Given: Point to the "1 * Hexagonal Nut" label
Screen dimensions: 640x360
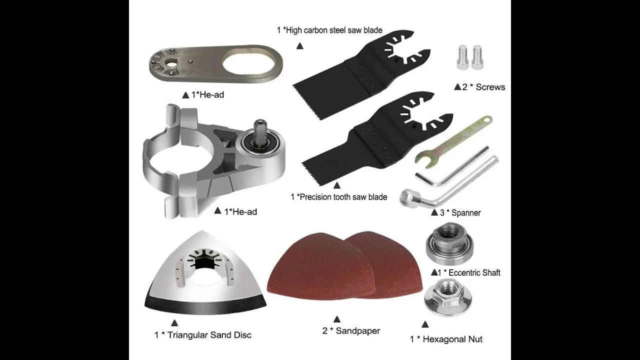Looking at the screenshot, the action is click(x=446, y=339).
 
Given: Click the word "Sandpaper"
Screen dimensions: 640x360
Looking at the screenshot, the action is click(x=357, y=331).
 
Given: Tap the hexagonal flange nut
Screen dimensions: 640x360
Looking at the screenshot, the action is click(x=448, y=298).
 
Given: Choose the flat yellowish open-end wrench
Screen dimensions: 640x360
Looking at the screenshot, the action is click(x=451, y=143).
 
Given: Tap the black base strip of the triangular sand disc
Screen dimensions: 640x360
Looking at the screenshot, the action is click(x=205, y=305).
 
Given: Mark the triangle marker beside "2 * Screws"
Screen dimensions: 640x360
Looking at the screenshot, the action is click(x=457, y=86).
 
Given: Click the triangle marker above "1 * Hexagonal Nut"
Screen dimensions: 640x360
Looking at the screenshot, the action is click(x=425, y=324).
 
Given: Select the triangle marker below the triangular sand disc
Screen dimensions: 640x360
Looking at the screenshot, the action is click(x=174, y=323).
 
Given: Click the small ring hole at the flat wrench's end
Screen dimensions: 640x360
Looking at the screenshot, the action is click(x=487, y=118).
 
